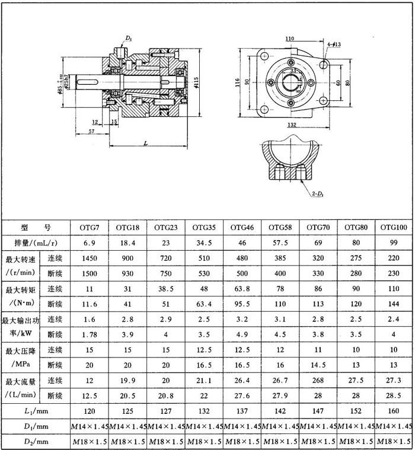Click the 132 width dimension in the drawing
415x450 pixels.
coord(290,125)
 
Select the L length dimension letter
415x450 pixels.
coord(145,143)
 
